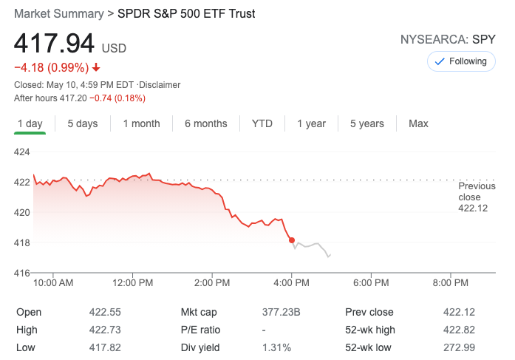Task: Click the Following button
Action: point(462,61)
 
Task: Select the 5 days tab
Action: point(82,123)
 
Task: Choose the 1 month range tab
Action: point(141,123)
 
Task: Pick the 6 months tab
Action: point(205,123)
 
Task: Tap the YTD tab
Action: point(262,123)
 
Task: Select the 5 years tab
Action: point(366,123)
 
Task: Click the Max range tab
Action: point(418,123)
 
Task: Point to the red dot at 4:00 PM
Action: point(292,240)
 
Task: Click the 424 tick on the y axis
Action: point(22,152)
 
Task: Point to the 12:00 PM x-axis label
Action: point(134,283)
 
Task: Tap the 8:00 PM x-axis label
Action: point(450,283)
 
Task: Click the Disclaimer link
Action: point(160,85)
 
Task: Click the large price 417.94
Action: point(55,44)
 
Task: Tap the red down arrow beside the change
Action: point(96,68)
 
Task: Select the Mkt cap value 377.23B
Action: point(282,312)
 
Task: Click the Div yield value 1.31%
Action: point(276,347)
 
